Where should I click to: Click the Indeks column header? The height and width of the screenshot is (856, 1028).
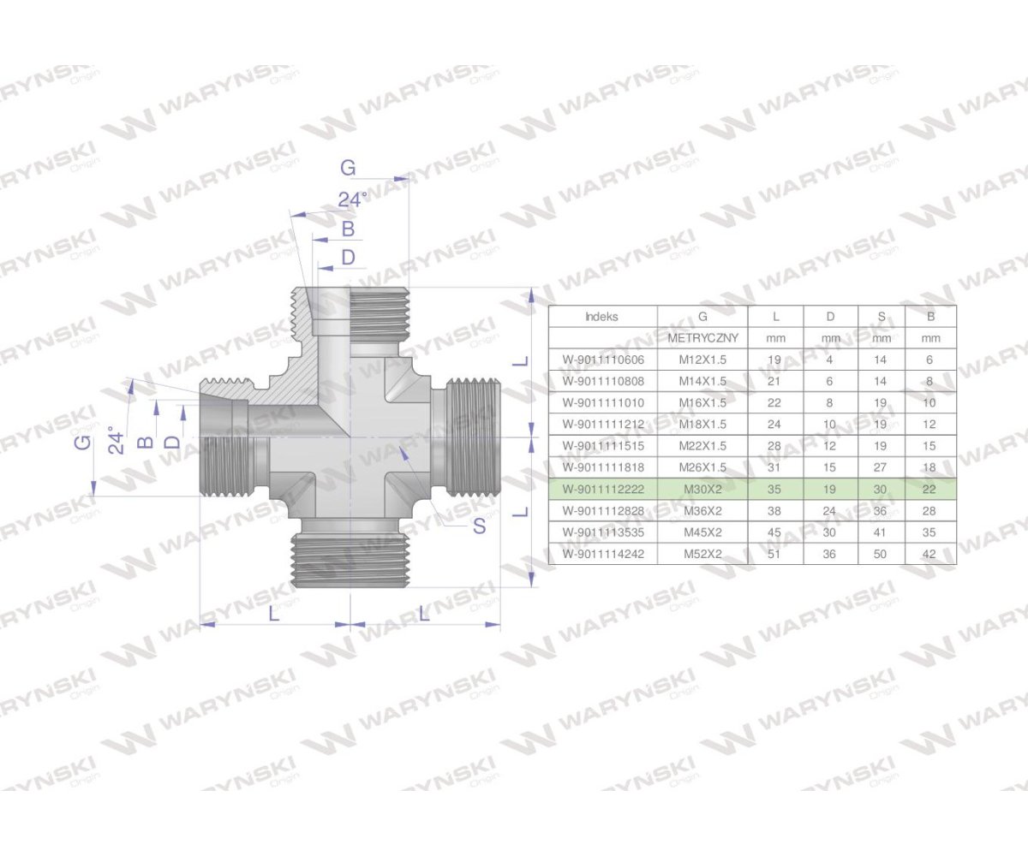point(601,316)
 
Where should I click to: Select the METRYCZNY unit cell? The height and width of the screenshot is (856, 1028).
point(702,338)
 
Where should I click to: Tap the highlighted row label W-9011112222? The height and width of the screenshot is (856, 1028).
point(602,489)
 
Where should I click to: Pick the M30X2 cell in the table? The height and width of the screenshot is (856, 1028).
point(702,489)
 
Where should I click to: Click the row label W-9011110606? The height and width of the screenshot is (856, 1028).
point(602,360)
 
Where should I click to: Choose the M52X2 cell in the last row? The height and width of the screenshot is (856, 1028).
point(702,554)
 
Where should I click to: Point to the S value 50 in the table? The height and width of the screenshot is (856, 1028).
point(881,554)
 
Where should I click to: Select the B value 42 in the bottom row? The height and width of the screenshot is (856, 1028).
point(930,554)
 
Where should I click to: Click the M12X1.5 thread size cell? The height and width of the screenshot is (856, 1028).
point(702,360)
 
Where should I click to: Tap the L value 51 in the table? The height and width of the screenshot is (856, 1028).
point(776,554)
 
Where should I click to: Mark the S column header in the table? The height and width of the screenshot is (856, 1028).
point(881,316)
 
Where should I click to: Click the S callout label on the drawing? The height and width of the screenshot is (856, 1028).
point(480,526)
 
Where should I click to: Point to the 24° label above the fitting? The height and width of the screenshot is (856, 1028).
point(351,199)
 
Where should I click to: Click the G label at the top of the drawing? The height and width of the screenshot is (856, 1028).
point(347,168)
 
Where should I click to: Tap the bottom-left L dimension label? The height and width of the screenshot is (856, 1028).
point(273,614)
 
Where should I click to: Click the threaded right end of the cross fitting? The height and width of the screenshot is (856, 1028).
point(472,437)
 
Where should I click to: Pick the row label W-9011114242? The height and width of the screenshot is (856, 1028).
point(602,554)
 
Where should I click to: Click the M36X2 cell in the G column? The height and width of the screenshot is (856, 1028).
point(702,510)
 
